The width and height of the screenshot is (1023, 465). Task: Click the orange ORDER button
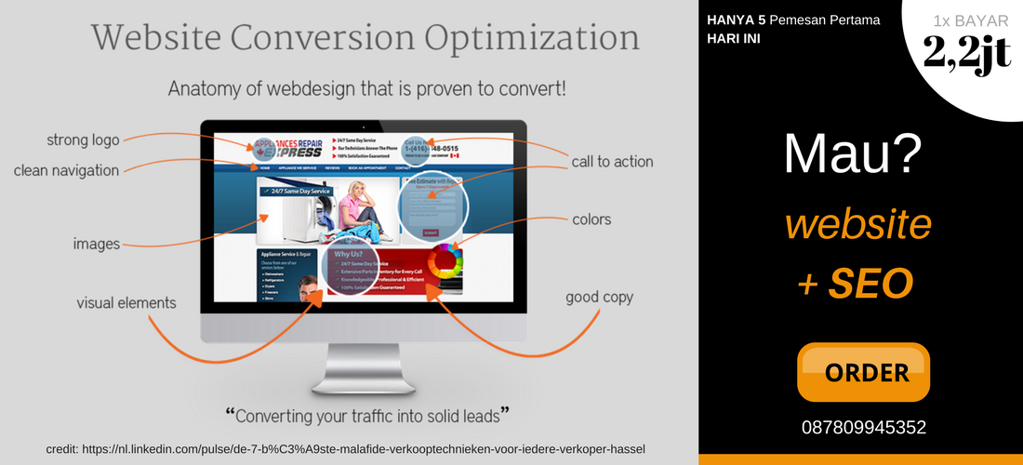tap(863, 372)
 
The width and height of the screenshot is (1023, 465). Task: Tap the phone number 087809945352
tap(863, 428)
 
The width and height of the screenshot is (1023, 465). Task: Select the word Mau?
tap(853, 154)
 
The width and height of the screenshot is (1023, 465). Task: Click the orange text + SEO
tap(856, 284)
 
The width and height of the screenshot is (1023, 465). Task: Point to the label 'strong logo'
tap(83, 140)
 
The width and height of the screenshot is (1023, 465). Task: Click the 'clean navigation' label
tap(66, 170)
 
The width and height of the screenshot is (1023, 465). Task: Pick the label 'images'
tap(97, 244)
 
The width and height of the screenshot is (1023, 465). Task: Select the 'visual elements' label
tap(126, 303)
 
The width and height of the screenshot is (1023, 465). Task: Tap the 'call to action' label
tap(612, 162)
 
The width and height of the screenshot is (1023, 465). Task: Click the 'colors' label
tap(591, 220)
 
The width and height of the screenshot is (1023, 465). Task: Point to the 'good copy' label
tap(599, 298)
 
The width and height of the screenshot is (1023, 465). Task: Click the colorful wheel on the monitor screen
tap(444, 261)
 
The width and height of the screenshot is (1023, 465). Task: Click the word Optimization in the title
tap(533, 38)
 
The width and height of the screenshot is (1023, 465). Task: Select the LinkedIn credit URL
tap(345, 449)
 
